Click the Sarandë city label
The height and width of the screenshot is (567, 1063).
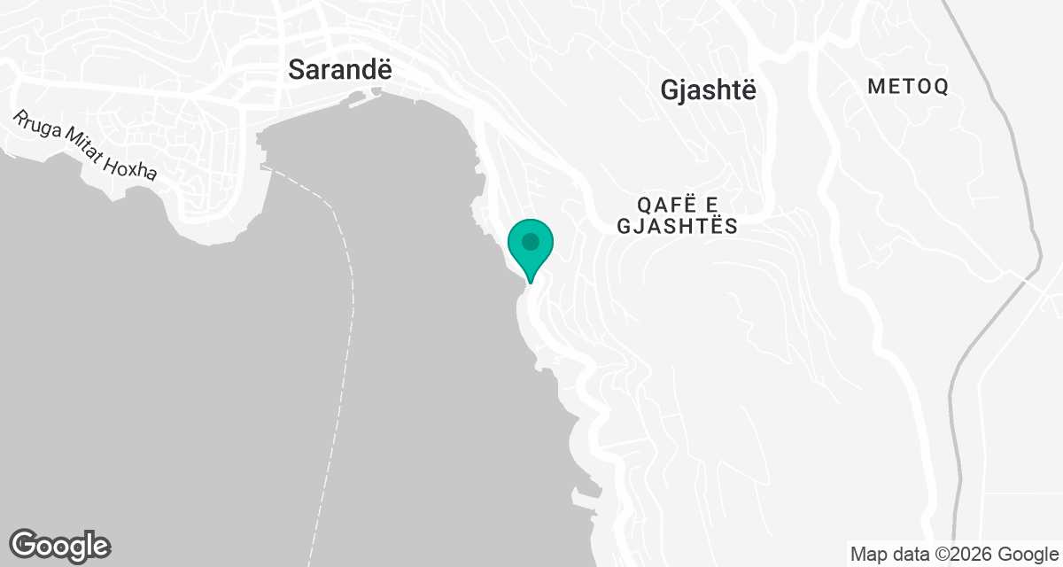pos(340,70)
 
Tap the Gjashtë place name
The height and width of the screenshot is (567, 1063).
pos(709,89)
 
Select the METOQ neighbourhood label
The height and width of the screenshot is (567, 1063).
pos(908,87)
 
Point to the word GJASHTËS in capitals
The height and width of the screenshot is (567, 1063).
pos(677,226)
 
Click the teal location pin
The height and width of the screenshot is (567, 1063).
pos(531,245)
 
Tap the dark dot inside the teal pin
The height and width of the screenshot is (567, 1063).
pos(531,241)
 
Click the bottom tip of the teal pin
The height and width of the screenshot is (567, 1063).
pos(531,283)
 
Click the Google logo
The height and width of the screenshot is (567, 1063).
pos(60,545)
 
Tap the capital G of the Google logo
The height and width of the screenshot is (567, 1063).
pos(24,544)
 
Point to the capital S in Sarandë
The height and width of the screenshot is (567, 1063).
pos(297,70)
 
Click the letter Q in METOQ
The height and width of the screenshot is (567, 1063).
pos(941,87)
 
